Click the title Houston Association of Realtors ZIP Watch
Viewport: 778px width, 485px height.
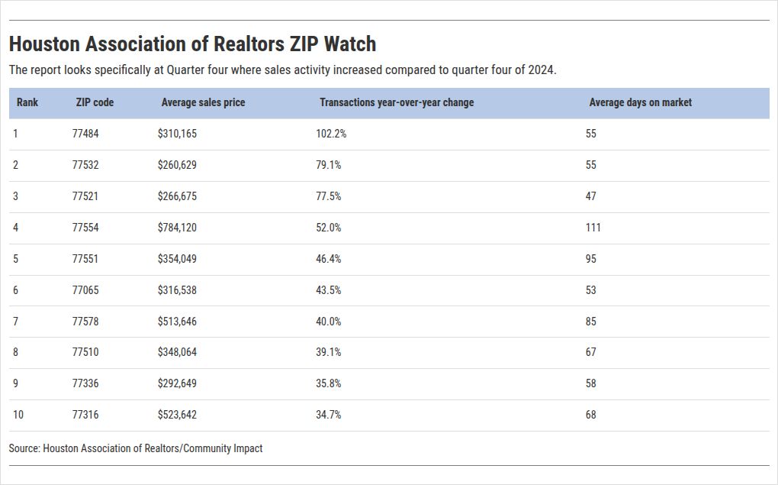(192, 44)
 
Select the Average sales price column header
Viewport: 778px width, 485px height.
(203, 102)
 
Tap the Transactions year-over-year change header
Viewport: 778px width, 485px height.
(397, 102)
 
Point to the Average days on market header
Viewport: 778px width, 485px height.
(640, 102)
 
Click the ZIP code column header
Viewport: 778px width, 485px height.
(95, 102)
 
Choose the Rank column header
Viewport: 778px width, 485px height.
(27, 102)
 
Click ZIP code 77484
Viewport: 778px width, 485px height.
(85, 134)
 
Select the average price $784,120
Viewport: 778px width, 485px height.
(177, 228)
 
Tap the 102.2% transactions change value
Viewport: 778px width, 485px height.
(331, 134)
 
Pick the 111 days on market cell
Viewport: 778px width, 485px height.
(593, 228)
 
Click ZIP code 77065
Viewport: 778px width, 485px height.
(85, 290)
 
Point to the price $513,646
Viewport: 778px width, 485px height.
(177, 322)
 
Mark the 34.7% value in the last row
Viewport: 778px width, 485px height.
(329, 415)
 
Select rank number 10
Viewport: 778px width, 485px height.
(18, 415)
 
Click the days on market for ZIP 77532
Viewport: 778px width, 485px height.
(591, 165)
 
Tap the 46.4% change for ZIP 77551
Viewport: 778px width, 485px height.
(329, 259)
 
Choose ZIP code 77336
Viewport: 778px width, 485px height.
(85, 383)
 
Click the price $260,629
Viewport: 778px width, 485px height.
(177, 165)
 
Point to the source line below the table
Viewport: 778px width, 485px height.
(136, 448)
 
